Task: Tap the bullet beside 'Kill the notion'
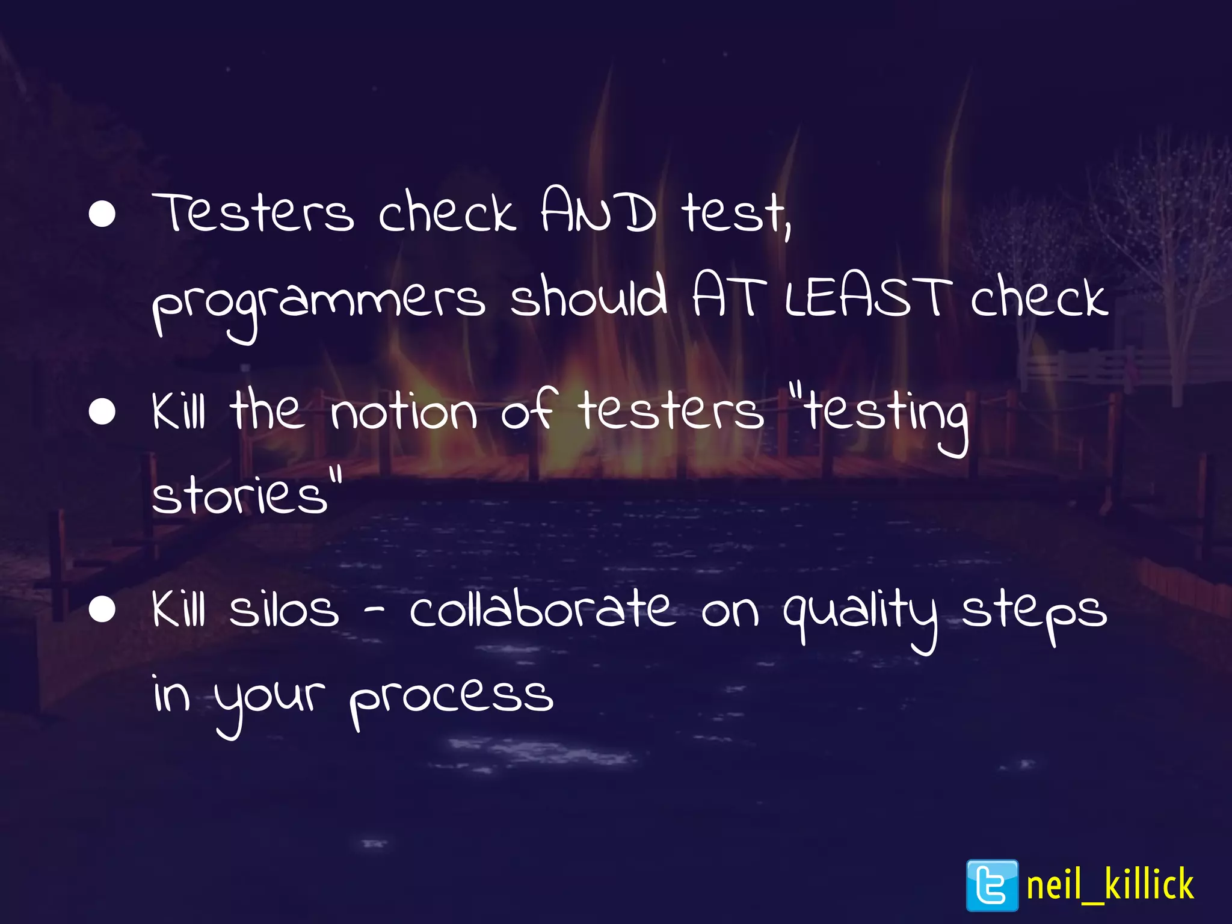tap(102, 412)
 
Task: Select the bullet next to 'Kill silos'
tap(102, 609)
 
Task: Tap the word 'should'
tap(588, 296)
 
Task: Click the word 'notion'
tap(404, 413)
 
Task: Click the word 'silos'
tap(284, 609)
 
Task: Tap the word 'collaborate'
tap(541, 608)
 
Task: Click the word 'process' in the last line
tap(451, 698)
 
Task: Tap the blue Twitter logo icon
tap(992, 885)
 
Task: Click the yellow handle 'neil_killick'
tap(1110, 885)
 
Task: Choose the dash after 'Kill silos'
tap(374, 612)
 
